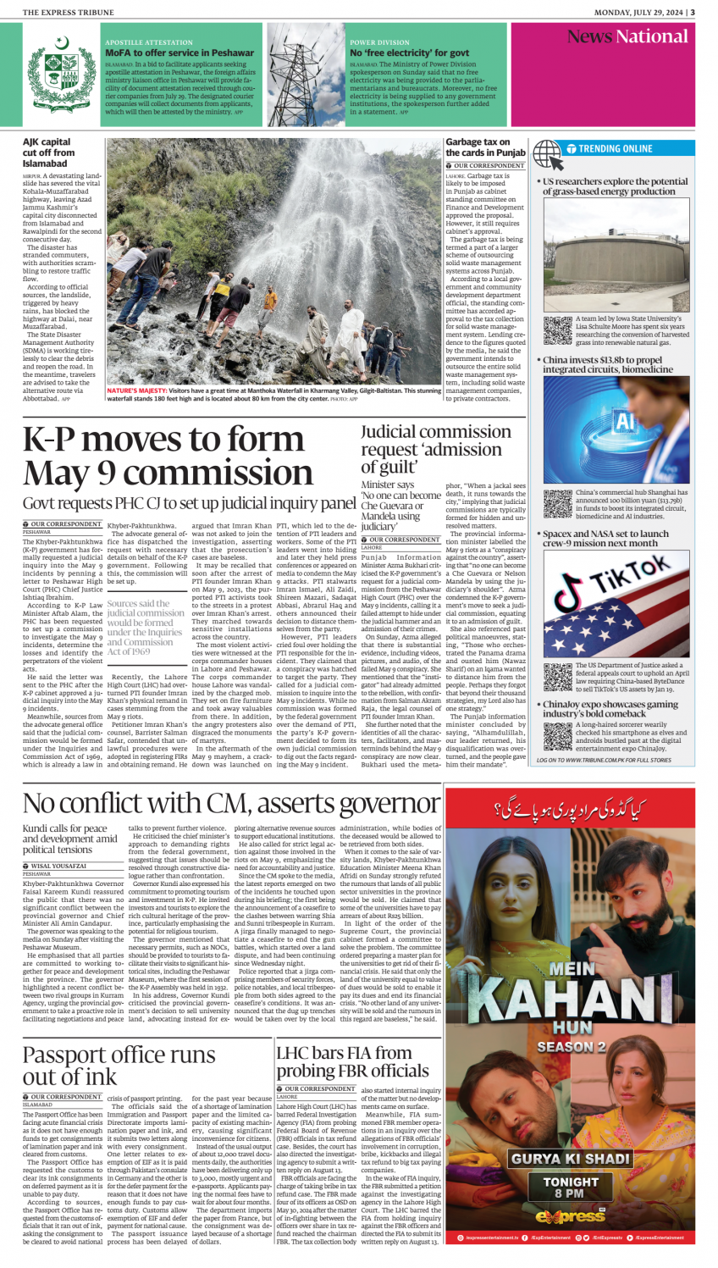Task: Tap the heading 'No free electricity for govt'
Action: [x=410, y=53]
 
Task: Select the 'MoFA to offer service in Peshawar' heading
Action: [x=179, y=53]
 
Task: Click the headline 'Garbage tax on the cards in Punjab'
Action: [x=486, y=147]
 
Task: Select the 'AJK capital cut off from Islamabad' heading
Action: [x=49, y=152]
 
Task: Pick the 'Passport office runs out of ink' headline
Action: [x=119, y=1065]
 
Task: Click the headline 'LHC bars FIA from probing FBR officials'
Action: [x=352, y=1061]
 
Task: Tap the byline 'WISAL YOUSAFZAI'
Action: [x=58, y=867]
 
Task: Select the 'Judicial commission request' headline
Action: [x=436, y=448]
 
